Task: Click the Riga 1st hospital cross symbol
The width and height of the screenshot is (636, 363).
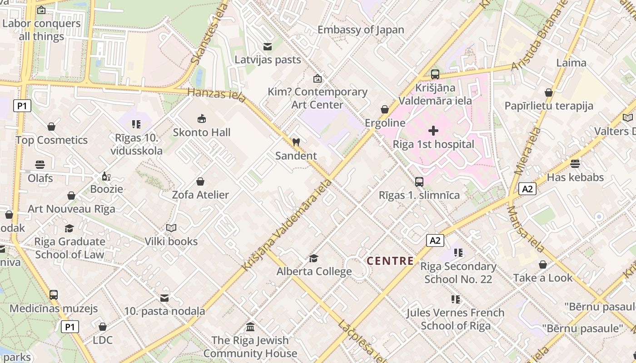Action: pos(433,131)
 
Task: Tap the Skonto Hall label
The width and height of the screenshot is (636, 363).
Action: pos(202,132)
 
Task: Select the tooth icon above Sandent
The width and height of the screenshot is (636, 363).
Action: pos(296,142)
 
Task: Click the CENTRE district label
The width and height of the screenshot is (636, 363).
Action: pos(390,261)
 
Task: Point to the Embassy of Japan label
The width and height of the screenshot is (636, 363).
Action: pos(361,30)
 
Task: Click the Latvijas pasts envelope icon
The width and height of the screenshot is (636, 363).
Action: pos(267,46)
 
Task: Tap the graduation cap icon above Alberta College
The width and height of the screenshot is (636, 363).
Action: pos(313,258)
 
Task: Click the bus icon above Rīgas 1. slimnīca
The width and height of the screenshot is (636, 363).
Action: pos(419,182)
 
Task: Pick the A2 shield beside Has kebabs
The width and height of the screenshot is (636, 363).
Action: pos(527,189)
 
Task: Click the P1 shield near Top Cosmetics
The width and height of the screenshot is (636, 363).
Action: pos(22,106)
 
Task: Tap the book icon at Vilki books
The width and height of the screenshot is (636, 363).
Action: pos(171,228)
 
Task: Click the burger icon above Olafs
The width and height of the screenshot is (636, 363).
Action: pos(40,165)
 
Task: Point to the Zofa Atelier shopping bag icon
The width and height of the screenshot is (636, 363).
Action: pos(200,181)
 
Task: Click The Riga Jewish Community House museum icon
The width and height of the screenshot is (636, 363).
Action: pos(250,327)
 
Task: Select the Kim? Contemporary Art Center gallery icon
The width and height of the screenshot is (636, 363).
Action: pos(317,78)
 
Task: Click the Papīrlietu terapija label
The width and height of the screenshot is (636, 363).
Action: pos(549,106)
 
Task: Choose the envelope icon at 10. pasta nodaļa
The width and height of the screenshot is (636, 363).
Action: pos(164,298)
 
